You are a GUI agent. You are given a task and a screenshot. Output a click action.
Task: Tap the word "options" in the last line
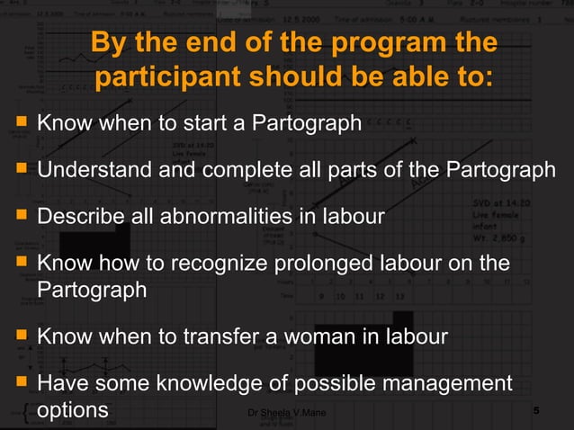coord(73,409)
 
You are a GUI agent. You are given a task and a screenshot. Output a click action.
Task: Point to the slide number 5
coord(536,411)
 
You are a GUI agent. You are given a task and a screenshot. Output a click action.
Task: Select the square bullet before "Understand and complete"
coord(19,169)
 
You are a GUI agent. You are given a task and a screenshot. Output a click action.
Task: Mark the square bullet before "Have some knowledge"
coord(19,384)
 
